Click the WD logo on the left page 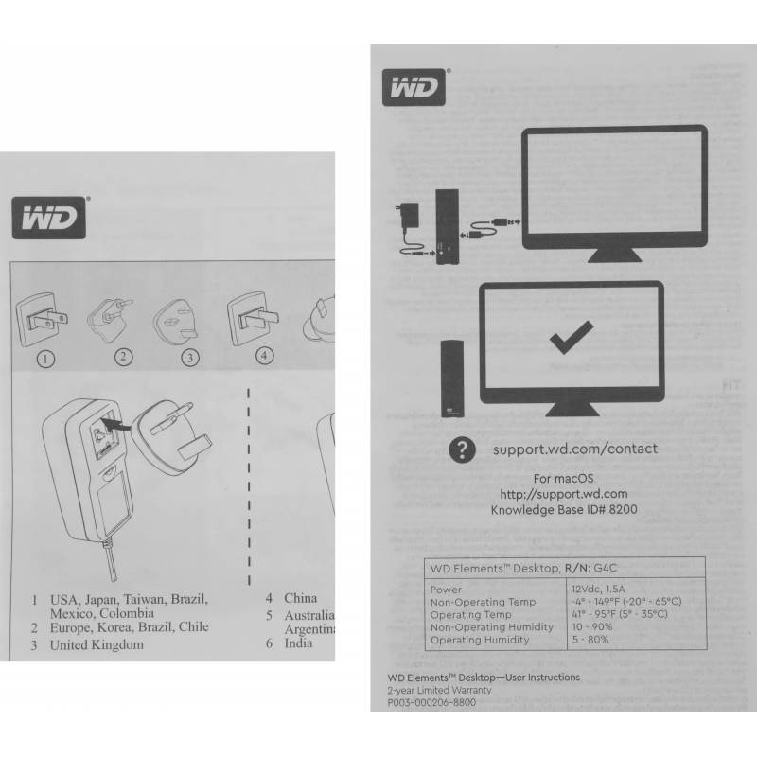tap(50, 220)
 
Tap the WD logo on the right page tap(415, 88)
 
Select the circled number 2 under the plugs tap(123, 357)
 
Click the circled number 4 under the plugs tap(265, 356)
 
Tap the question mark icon tap(461, 449)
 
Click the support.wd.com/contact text tap(574, 449)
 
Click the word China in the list tap(300, 598)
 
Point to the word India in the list tap(298, 643)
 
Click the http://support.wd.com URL tap(564, 494)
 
